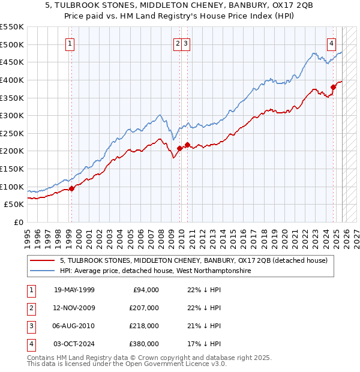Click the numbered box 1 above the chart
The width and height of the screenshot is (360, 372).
(70, 43)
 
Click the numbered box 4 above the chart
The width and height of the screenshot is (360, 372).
(331, 43)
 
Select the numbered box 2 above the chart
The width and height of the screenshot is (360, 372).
(178, 43)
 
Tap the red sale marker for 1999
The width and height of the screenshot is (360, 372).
(71, 188)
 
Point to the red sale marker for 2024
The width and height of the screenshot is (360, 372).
(334, 87)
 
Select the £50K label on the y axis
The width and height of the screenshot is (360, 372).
(14, 205)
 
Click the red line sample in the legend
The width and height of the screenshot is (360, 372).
(43, 260)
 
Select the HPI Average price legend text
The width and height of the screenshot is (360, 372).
(155, 271)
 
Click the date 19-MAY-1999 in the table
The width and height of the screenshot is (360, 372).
(74, 290)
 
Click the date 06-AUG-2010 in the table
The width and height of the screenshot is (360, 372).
(74, 326)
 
